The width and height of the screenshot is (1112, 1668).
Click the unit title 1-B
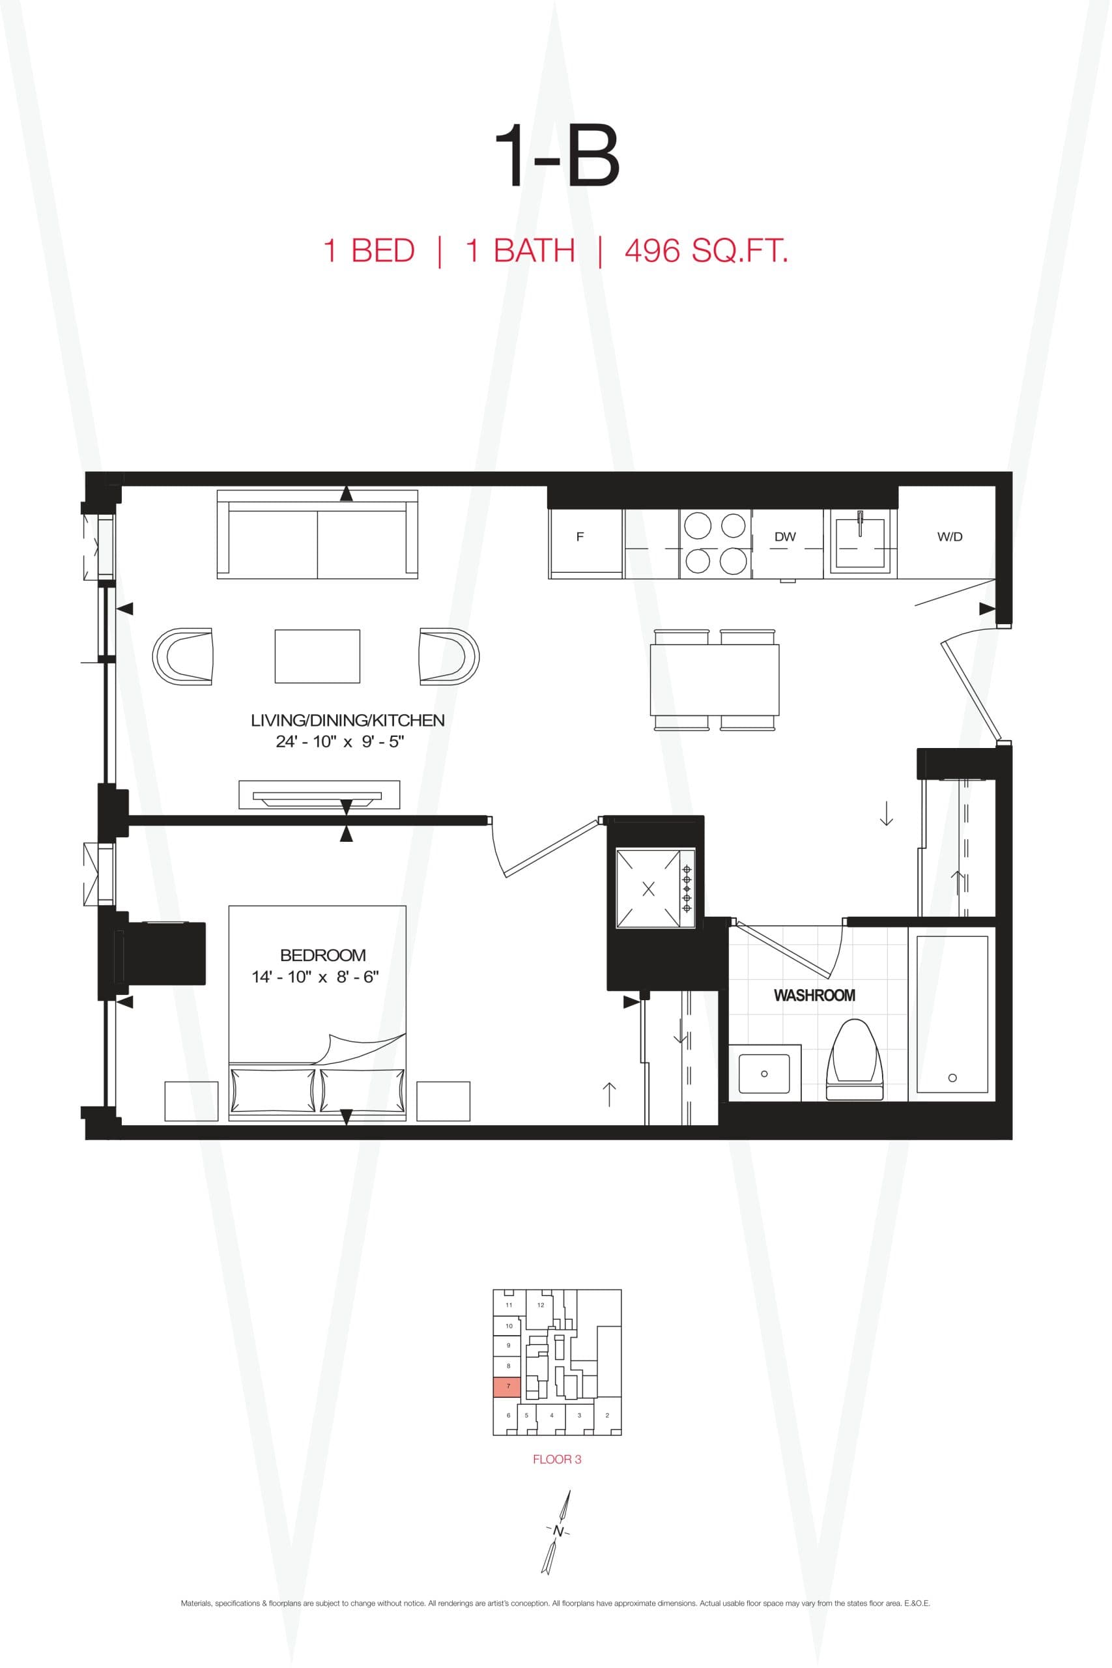tap(556, 158)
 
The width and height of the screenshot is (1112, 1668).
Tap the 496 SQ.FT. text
tap(706, 251)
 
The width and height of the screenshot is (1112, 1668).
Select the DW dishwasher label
tap(785, 537)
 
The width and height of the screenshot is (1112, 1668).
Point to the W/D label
tap(950, 537)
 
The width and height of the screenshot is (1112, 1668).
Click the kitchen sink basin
tap(861, 545)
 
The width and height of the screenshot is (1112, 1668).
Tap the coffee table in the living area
tap(317, 656)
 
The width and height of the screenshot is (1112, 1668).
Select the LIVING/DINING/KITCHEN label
tap(347, 721)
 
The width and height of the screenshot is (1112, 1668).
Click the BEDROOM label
tap(322, 955)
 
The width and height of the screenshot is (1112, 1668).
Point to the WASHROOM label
tap(814, 996)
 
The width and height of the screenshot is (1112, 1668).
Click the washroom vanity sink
tap(763, 1073)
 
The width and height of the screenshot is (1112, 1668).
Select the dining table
tap(714, 680)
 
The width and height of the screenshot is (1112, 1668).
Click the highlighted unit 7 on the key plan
tap(507, 1387)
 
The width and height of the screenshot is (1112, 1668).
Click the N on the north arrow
tap(558, 1532)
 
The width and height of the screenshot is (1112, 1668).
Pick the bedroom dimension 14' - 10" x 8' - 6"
tap(315, 977)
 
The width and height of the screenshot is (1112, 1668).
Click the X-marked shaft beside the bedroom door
tap(648, 889)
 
